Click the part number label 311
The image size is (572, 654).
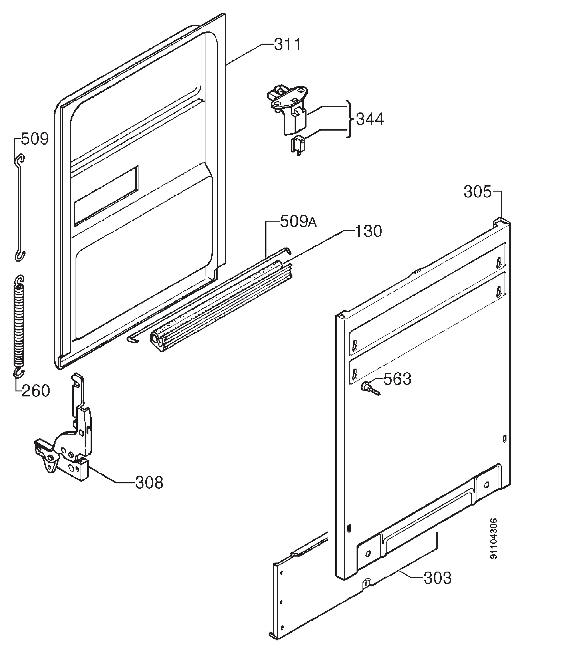tap(288, 44)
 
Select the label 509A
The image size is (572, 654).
tap(298, 221)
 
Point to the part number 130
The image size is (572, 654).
tap(368, 231)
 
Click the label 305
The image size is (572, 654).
tap(478, 192)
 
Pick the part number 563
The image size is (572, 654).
tap(397, 379)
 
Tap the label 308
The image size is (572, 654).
tap(149, 483)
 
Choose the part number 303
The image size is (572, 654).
tap(438, 578)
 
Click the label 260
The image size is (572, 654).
tap(36, 391)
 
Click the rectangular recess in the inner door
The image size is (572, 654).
tap(106, 197)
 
